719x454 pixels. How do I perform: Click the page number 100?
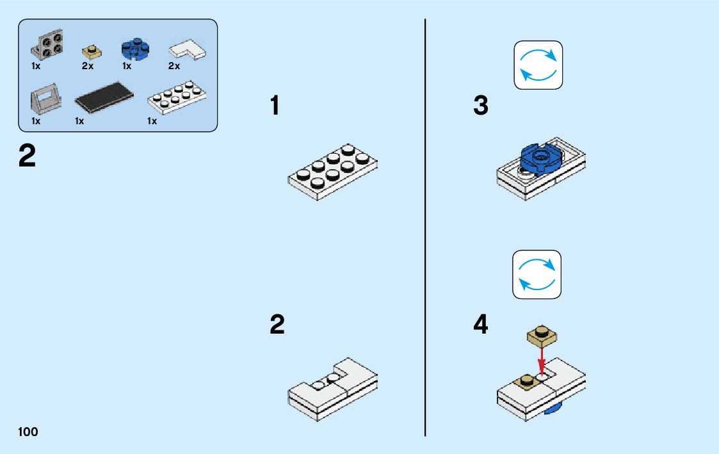28,432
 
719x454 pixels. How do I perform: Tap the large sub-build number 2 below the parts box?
28,156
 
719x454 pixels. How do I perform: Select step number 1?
275,106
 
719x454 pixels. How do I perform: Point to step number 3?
480,106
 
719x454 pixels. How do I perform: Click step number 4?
480,325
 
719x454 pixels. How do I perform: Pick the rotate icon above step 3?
538,65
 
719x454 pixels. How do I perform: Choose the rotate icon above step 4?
537,274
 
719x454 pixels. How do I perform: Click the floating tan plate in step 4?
542,336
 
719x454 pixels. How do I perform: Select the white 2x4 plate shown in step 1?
332,171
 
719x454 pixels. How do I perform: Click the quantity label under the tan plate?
88,66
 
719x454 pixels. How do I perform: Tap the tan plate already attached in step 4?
524,380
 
